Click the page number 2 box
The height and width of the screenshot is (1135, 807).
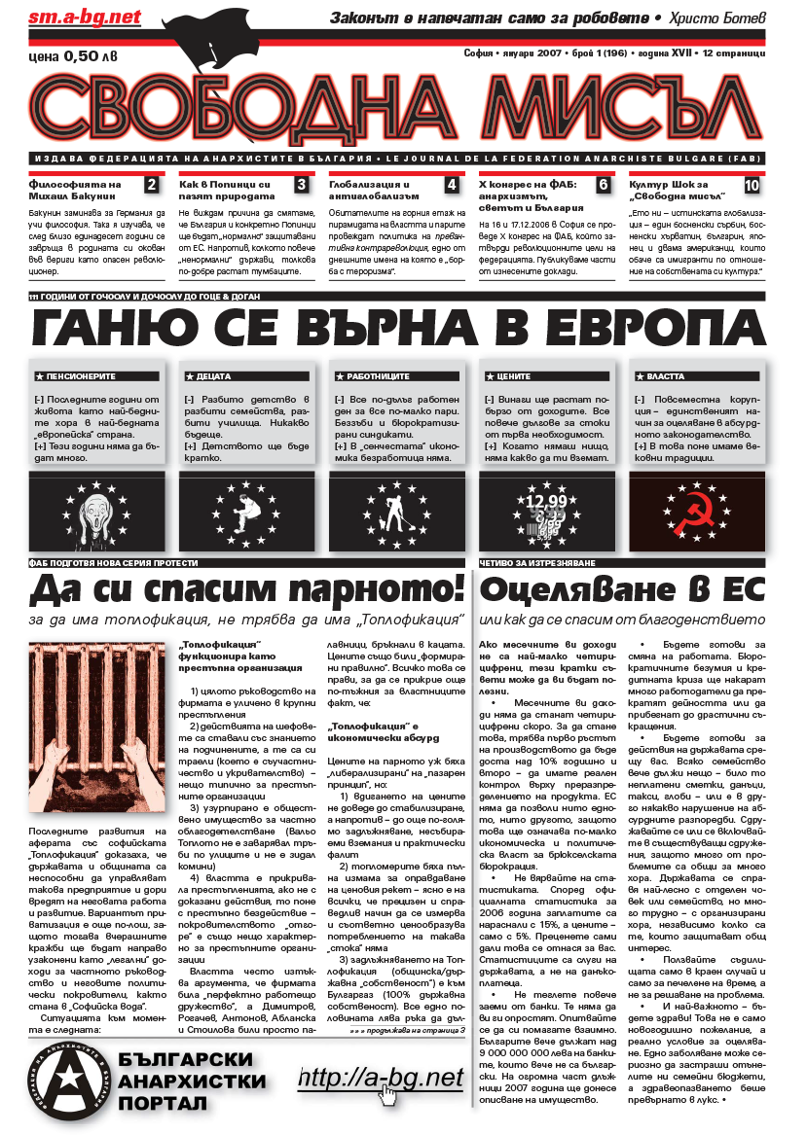151,185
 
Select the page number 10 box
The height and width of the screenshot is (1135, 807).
752,185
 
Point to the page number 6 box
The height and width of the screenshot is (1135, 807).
603,185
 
